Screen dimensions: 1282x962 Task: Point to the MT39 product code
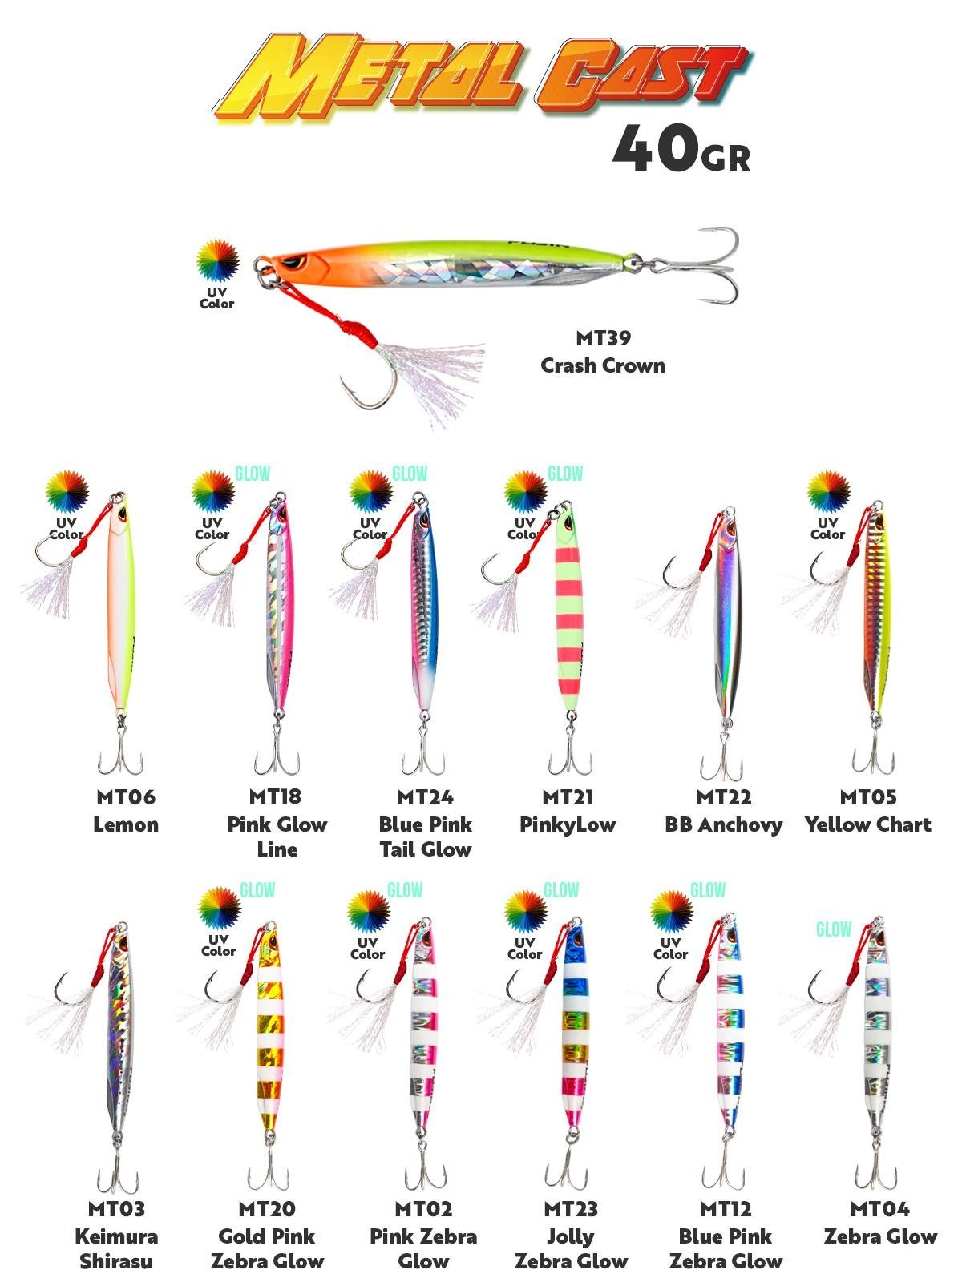(603, 338)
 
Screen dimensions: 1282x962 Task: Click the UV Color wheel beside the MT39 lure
(218, 260)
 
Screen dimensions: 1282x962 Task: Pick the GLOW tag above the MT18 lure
(253, 474)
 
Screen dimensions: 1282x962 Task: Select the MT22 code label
(723, 797)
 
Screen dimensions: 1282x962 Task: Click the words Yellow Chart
(867, 824)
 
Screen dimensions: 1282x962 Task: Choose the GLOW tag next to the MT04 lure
(833, 929)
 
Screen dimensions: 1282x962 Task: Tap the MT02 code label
(423, 1208)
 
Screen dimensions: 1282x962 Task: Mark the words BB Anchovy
(723, 824)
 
